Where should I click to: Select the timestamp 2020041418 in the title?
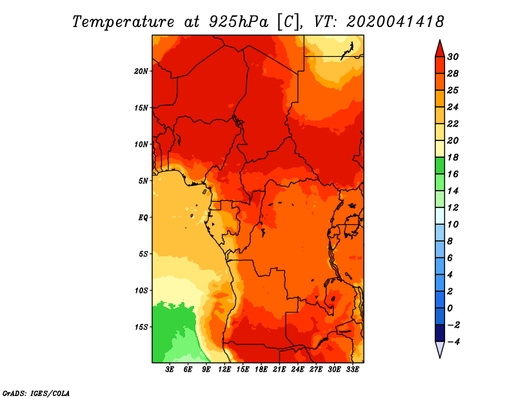coord(395,21)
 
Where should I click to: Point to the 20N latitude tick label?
coord(141,71)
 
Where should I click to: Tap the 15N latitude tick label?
coord(141,108)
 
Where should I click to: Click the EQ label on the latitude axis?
coord(143,218)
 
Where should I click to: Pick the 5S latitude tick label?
coord(143,254)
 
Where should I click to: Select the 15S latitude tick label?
coord(141,327)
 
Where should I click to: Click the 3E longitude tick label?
coord(170,370)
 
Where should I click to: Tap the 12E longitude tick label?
coord(225,370)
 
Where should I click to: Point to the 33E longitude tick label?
coord(353,370)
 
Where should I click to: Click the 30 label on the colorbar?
coord(453,57)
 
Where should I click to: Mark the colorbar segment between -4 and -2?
coord(439,333)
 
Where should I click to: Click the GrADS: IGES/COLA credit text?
coord(35,393)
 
